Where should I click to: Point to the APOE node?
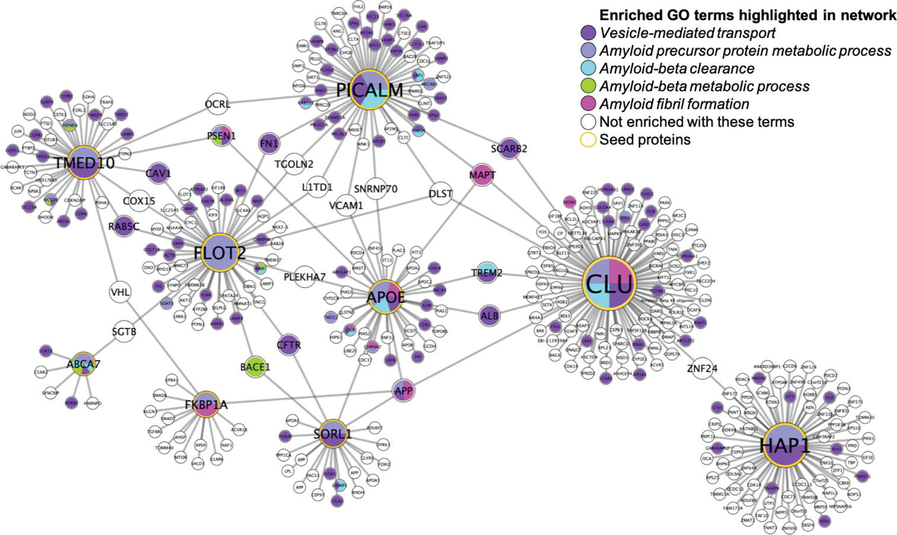385,296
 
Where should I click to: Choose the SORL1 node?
332,434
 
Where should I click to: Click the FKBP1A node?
206,405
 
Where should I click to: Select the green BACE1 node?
255,366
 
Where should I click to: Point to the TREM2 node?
486,273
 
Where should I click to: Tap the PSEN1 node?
221,136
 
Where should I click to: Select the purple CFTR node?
288,345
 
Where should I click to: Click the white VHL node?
120,292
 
